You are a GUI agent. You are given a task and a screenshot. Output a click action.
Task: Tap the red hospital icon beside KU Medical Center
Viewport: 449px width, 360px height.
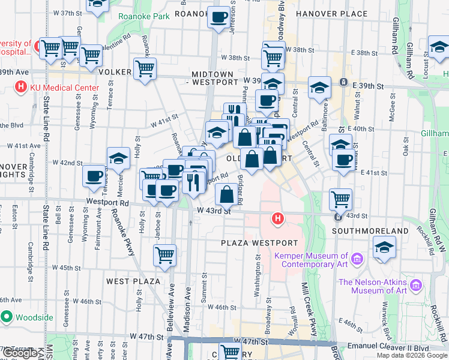click(20, 88)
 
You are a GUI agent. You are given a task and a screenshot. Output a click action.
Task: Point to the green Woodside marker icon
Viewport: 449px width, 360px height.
click(7, 317)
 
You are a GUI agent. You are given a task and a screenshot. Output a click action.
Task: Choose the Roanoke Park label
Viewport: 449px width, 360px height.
click(144, 17)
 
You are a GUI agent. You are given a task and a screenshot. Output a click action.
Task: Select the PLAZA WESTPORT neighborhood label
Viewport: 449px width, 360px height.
click(259, 243)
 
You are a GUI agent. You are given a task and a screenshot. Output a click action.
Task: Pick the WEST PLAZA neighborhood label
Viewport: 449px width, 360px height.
click(133, 281)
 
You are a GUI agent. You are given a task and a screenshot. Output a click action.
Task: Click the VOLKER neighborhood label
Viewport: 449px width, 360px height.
click(115, 72)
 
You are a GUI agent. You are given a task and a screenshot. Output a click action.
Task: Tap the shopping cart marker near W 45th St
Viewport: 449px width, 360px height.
click(164, 254)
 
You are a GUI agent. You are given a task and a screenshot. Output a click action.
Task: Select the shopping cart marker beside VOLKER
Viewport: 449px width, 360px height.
click(145, 69)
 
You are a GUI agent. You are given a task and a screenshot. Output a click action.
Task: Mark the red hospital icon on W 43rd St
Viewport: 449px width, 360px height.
click(277, 218)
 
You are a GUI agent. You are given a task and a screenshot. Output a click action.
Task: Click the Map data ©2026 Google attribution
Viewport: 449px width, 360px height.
click(412, 355)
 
